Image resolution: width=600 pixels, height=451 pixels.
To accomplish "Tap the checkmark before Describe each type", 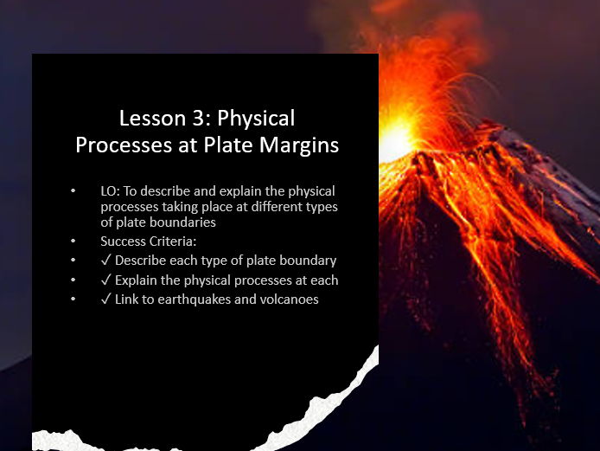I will tap(105, 261).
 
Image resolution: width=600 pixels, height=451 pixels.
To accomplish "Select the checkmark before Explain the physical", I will tap(105, 280).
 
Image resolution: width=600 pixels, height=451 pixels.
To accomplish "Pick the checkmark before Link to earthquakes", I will tap(105, 300).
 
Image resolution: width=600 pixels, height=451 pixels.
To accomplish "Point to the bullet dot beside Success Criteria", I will tap(76, 241).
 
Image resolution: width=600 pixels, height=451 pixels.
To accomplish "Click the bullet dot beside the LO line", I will tap(76, 190).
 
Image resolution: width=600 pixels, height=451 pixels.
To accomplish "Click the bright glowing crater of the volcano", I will tap(399, 139).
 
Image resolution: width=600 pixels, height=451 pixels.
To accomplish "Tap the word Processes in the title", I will tap(115, 145).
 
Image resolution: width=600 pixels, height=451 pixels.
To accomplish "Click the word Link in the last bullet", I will tap(128, 300).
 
